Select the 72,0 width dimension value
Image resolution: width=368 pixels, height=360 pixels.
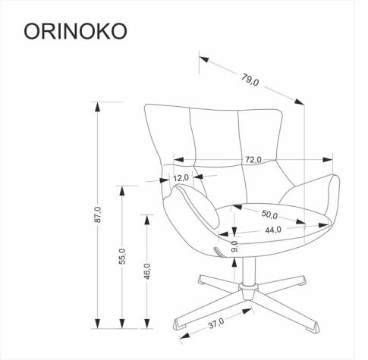253,159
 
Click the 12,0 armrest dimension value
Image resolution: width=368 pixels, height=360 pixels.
181,178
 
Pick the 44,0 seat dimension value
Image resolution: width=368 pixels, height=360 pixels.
273,229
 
